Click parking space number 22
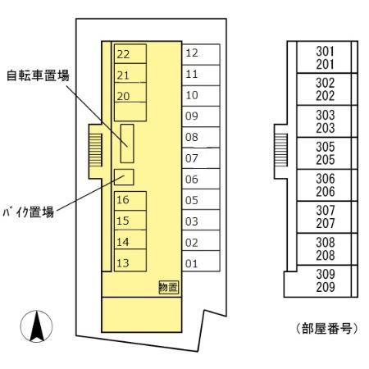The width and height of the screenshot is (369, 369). (x=130, y=54)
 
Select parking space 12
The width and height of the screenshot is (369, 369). (x=201, y=54)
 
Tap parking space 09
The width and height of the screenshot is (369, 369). (x=201, y=116)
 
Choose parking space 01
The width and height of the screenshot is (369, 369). (x=201, y=262)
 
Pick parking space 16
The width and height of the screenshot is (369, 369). (x=130, y=201)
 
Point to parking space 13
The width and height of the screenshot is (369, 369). (x=130, y=261)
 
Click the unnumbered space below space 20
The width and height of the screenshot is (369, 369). (x=130, y=112)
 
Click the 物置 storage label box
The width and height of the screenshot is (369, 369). (x=169, y=288)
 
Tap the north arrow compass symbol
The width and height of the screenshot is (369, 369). (x=36, y=326)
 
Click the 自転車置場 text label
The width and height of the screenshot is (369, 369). (x=38, y=75)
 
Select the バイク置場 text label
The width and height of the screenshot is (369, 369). (x=29, y=212)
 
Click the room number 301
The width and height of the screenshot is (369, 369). (x=325, y=51)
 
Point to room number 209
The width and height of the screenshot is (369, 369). (x=326, y=287)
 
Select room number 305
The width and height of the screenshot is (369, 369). (x=326, y=147)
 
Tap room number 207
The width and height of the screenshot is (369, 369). (x=326, y=223)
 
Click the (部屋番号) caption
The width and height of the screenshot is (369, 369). (x=327, y=328)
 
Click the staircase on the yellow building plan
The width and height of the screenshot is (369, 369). (x=96, y=150)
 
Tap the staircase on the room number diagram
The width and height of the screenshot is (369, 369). (x=281, y=150)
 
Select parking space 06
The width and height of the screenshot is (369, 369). (x=201, y=179)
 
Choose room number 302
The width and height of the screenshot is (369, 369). (x=326, y=83)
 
